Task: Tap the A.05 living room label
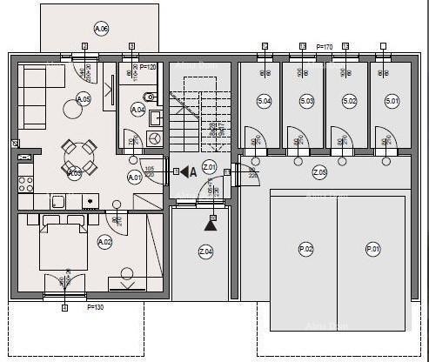click(x=84, y=99)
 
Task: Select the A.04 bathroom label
click(x=137, y=110)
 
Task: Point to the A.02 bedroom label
click(x=105, y=241)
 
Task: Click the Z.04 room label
click(x=205, y=251)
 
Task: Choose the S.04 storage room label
click(x=265, y=101)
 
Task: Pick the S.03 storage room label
click(x=306, y=101)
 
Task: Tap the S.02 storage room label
click(x=349, y=101)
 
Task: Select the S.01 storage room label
click(x=392, y=101)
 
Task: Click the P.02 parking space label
click(x=305, y=249)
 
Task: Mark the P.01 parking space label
click(x=373, y=249)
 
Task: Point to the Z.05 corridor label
click(x=319, y=172)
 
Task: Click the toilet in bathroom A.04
click(x=148, y=97)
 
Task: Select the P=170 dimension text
click(x=324, y=46)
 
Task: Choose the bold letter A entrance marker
click(x=192, y=171)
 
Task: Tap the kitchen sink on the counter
click(x=58, y=201)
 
